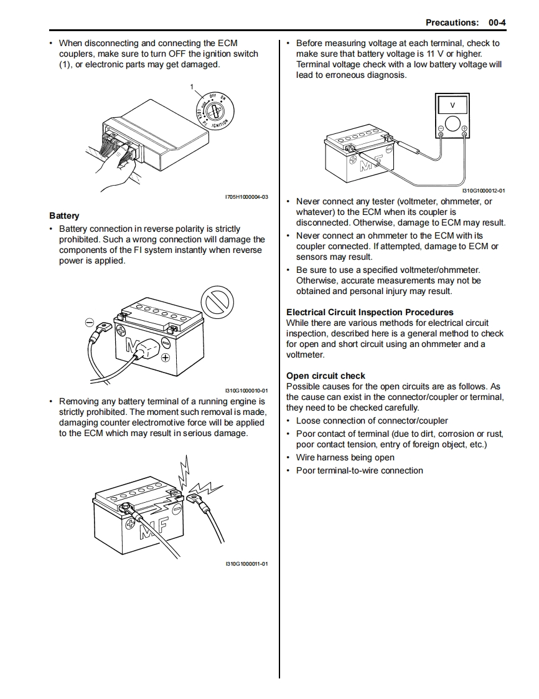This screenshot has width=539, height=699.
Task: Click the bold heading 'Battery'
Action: (x=64, y=216)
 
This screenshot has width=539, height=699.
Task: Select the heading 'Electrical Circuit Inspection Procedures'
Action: (x=370, y=312)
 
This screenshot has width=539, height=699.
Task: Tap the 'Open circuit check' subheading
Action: (x=326, y=376)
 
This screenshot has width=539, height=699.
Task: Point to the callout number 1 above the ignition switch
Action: (x=192, y=86)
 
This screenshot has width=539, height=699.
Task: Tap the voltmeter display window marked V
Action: (x=452, y=104)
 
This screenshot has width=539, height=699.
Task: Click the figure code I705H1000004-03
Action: (x=246, y=197)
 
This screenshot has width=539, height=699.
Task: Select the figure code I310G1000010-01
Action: (x=246, y=391)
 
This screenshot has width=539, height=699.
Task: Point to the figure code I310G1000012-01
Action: (x=484, y=191)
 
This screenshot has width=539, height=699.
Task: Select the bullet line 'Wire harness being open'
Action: (x=345, y=457)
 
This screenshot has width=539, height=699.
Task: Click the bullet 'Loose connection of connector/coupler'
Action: (x=372, y=421)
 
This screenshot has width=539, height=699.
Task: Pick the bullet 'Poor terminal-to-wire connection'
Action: (x=359, y=470)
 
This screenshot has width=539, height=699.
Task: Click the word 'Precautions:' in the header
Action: (x=452, y=22)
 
